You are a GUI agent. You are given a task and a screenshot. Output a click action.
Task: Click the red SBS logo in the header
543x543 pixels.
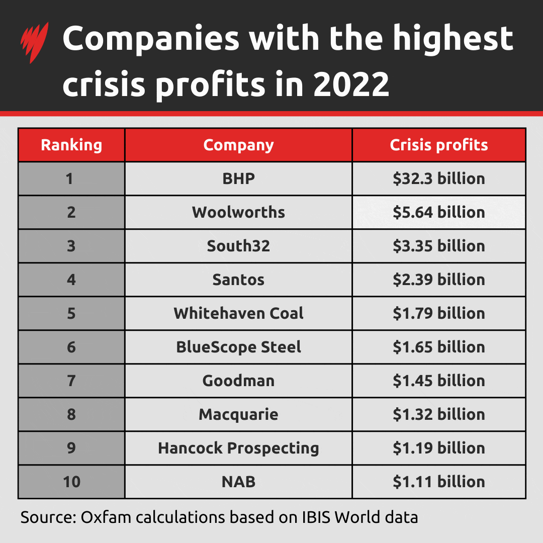coord(35,43)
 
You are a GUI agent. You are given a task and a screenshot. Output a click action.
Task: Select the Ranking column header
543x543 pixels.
coord(71,145)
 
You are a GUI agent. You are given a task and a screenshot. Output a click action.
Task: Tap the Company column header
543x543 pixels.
coord(238,145)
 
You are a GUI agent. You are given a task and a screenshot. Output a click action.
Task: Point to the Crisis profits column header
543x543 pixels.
coord(439,145)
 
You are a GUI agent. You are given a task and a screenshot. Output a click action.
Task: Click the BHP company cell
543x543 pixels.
coord(238,178)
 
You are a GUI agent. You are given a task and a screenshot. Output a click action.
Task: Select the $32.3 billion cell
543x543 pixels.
coord(439,178)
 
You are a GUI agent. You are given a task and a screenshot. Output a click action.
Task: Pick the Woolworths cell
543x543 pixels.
coord(238,212)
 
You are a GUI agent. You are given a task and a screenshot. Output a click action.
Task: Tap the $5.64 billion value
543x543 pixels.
coord(439,212)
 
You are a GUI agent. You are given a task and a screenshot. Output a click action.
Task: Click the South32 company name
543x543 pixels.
coord(238,246)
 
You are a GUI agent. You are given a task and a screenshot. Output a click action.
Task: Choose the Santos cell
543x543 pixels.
coord(238,280)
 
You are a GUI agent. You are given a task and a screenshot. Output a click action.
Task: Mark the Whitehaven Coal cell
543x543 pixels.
coord(238,313)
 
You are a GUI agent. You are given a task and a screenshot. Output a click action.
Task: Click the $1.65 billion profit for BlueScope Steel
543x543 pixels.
coord(439,347)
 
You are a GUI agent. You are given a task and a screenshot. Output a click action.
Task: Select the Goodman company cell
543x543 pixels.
coord(238,381)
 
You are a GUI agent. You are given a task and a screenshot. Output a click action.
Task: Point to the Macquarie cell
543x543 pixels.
coord(238,414)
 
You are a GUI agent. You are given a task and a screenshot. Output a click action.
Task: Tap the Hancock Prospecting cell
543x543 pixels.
coord(238,448)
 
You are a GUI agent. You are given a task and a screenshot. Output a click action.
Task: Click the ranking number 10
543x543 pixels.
coord(71,482)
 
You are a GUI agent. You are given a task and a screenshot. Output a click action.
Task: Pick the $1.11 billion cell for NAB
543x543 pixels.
coord(439,482)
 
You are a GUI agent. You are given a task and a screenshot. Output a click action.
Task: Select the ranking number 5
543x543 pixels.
coord(71,313)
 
